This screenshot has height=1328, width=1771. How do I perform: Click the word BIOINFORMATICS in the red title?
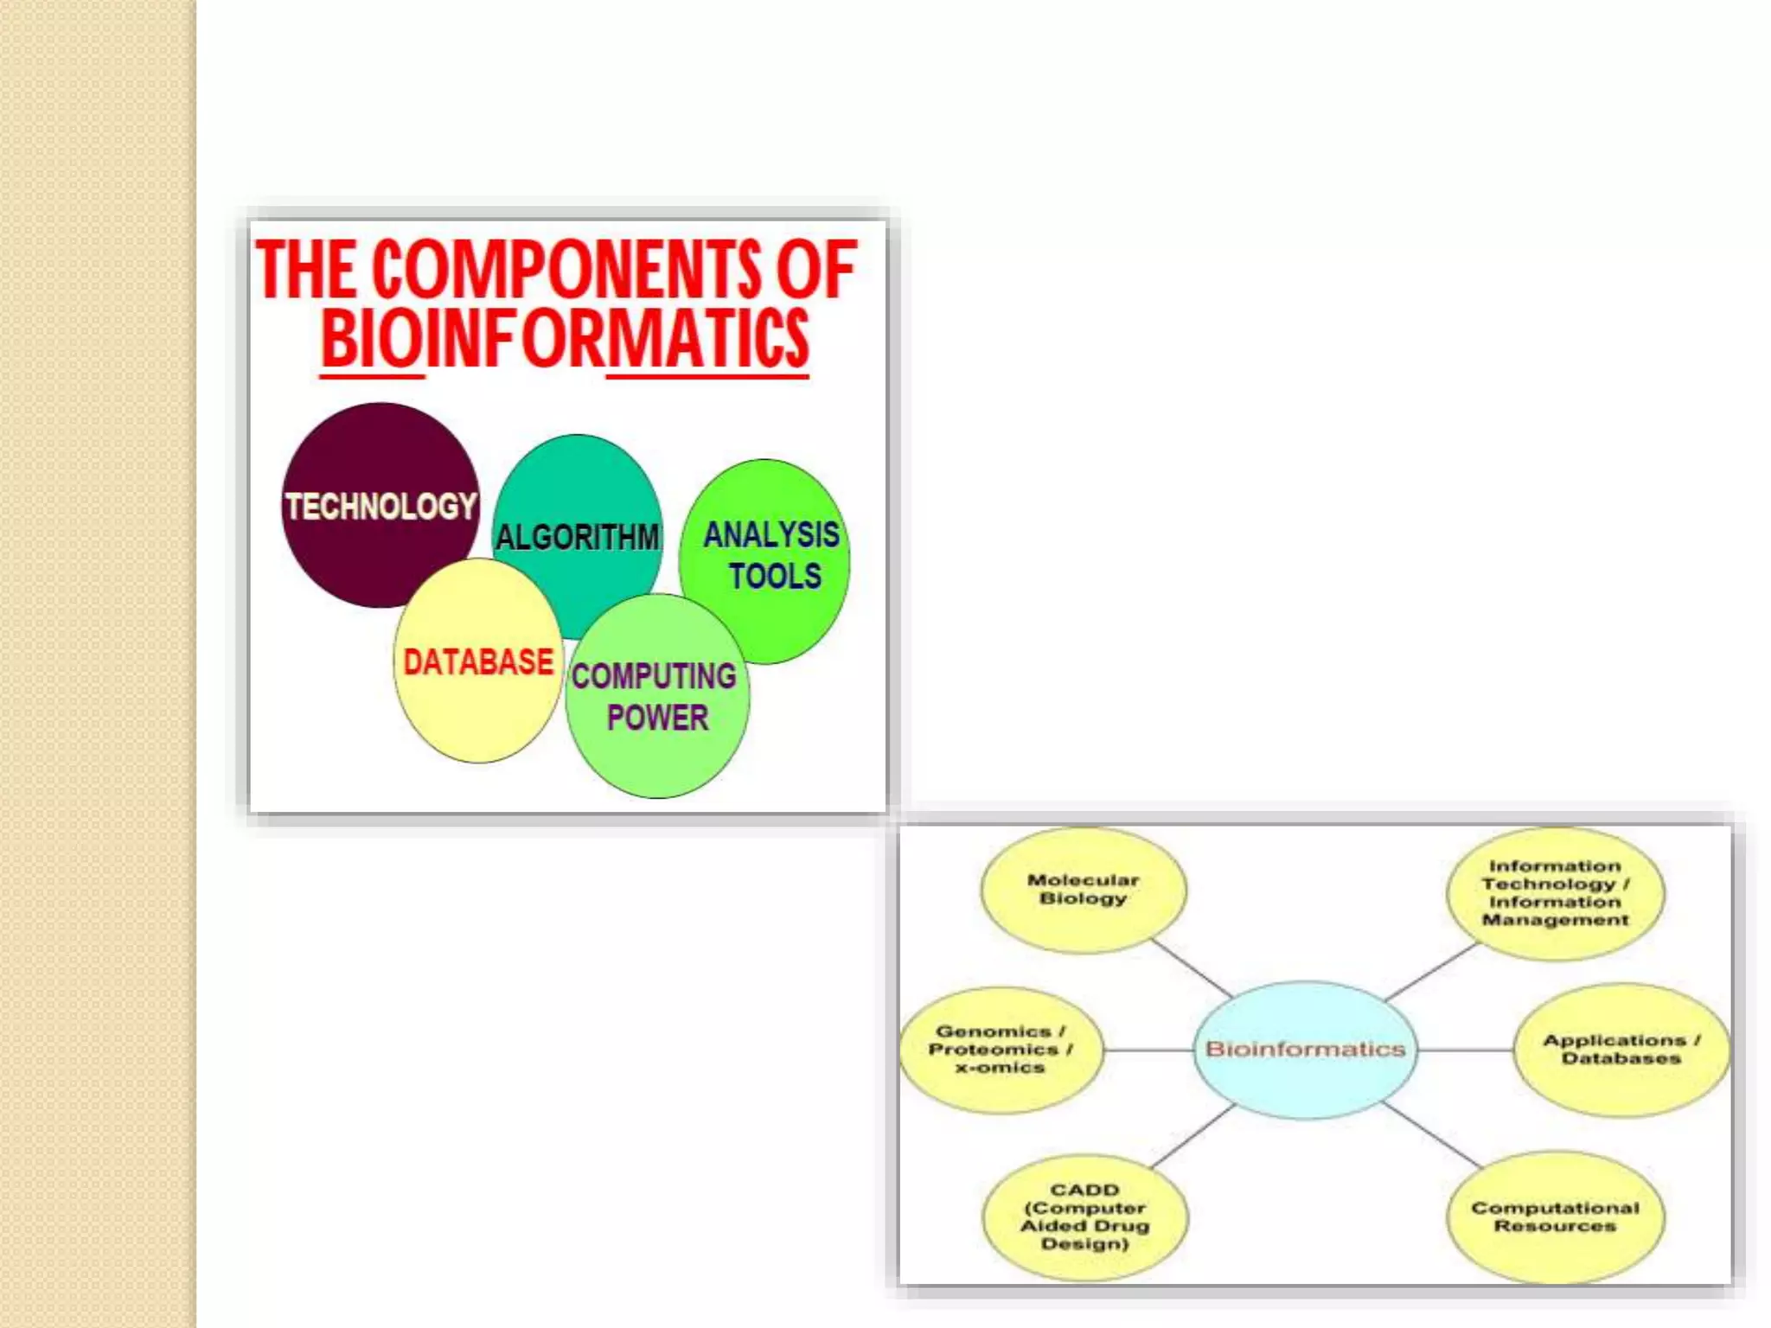click(565, 339)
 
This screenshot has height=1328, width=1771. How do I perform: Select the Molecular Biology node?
click(1084, 890)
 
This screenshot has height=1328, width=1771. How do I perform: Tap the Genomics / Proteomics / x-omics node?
click(1001, 1050)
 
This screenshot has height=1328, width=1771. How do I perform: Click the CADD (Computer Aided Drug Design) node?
click(1085, 1216)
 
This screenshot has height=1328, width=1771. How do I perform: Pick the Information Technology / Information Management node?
click(1555, 893)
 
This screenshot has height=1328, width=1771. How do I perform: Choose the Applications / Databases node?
click(1621, 1050)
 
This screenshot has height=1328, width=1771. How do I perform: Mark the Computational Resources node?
click(1555, 1216)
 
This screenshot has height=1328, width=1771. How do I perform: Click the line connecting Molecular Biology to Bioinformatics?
click(1192, 969)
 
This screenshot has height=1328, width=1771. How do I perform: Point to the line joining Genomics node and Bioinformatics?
click(1148, 1050)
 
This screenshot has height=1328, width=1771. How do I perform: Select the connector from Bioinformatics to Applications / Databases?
click(1466, 1050)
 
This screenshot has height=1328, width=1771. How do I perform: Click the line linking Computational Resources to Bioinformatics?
click(1431, 1134)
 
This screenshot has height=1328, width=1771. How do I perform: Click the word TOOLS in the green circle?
click(775, 577)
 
